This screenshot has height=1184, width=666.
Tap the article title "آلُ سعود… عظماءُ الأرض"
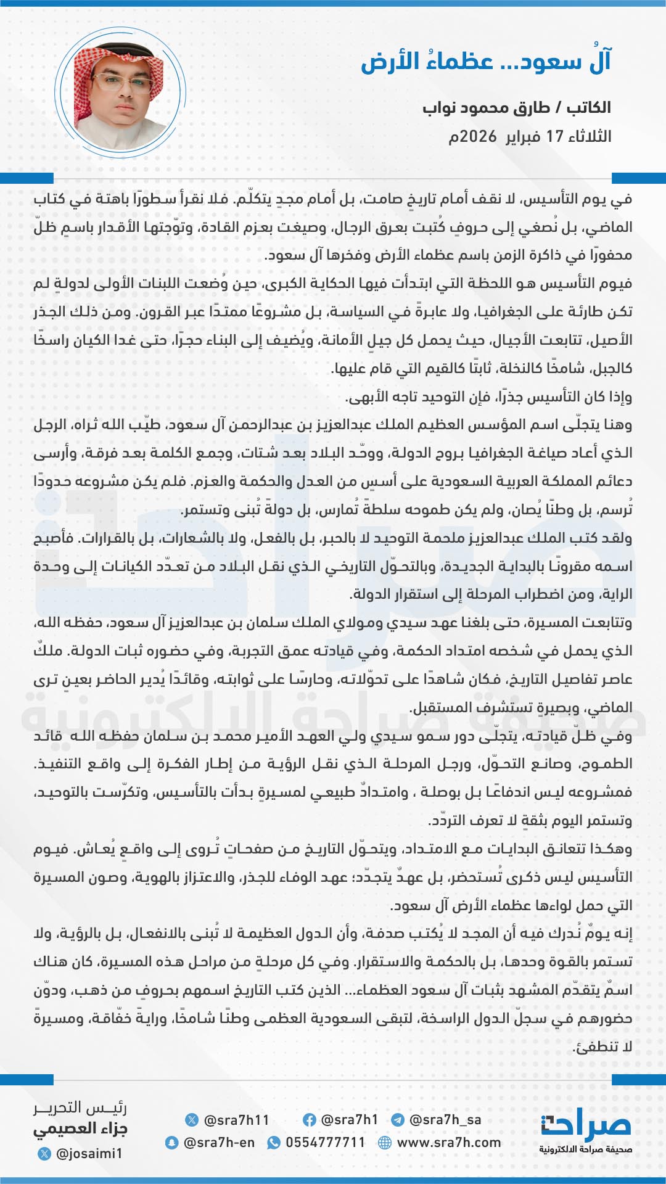click(x=486, y=62)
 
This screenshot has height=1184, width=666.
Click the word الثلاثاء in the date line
click(x=590, y=136)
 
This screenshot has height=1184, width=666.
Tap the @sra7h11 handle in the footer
click(x=236, y=1120)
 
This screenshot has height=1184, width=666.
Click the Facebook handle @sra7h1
click(x=349, y=1120)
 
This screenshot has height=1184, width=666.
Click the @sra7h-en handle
click(x=219, y=1143)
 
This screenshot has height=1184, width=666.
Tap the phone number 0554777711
click(x=325, y=1143)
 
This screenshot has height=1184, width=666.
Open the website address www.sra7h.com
click(x=448, y=1143)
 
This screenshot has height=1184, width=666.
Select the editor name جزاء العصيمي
click(x=80, y=1129)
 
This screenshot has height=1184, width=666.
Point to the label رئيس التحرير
click(x=80, y=1108)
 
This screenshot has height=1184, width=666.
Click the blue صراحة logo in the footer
click(x=586, y=1126)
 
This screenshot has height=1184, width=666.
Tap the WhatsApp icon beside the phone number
click(x=273, y=1143)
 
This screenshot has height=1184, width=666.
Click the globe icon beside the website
click(x=385, y=1143)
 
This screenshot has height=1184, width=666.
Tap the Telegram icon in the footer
click(x=398, y=1120)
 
